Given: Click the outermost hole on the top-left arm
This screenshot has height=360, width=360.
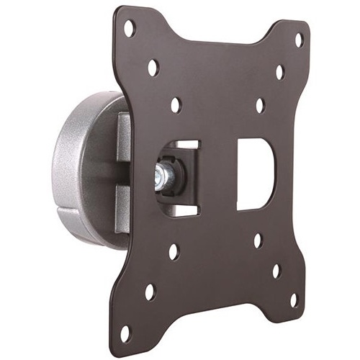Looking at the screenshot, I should (130, 29).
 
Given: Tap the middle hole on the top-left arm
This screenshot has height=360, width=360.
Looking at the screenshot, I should (153, 68).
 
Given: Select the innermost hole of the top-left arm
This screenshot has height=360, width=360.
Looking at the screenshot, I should (176, 105).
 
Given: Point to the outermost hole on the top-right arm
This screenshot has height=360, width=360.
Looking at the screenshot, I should (299, 40).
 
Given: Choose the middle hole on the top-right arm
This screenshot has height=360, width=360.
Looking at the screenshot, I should (279, 72).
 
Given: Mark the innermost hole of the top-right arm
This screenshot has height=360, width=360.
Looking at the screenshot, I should (260, 105).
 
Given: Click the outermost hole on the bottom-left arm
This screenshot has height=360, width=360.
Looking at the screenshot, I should (126, 333).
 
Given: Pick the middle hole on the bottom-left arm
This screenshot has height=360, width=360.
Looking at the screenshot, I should (150, 292).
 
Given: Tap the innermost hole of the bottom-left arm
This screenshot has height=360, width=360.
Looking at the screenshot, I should (174, 252).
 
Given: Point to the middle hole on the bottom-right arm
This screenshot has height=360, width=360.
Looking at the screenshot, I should (276, 271).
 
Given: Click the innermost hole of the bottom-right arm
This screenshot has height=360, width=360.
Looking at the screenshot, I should (257, 240).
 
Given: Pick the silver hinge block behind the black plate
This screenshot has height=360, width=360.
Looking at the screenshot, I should (123, 173).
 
